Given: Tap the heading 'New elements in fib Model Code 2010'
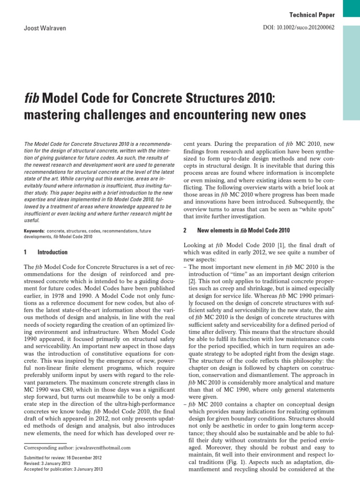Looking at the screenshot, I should click(x=243, y=231).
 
